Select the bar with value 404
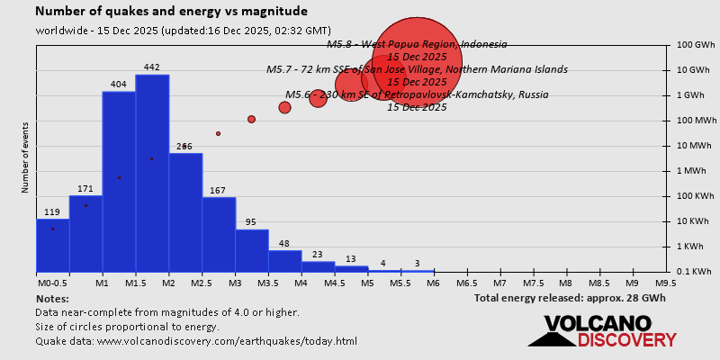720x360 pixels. click(x=119, y=181)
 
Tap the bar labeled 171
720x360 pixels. click(x=85, y=233)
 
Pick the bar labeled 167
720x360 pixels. click(x=219, y=234)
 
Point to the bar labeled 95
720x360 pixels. click(x=252, y=250)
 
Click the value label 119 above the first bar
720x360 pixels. click(x=52, y=212)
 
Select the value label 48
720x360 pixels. click(x=284, y=244)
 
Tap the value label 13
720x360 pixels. click(x=351, y=259)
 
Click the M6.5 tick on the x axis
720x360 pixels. click(x=466, y=283)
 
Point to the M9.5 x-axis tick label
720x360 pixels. click(x=666, y=283)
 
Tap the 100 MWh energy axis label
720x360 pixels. click(x=698, y=121)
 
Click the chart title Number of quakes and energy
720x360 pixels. click(x=171, y=12)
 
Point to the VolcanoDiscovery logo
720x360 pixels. click(x=601, y=330)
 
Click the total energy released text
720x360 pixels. click(x=570, y=298)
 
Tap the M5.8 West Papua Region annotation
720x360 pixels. click(x=417, y=44)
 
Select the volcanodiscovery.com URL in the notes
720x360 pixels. click(x=227, y=341)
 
